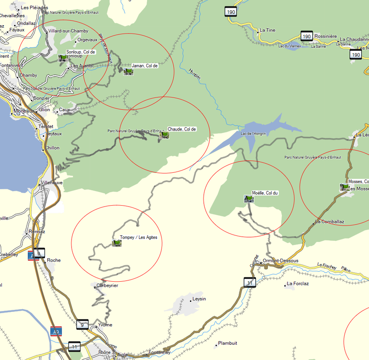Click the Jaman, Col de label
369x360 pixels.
pyautogui.click(x=144, y=66)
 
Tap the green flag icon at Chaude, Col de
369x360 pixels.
pyautogui.click(x=164, y=135)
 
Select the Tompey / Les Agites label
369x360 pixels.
pyautogui.click(x=138, y=238)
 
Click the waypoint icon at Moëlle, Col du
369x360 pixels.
pyautogui.click(x=248, y=198)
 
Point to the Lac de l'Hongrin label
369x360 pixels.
pyautogui.click(x=253, y=133)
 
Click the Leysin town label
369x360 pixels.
pyautogui.click(x=199, y=299)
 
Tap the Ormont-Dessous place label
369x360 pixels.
pyautogui.click(x=281, y=261)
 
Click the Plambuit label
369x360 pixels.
pyautogui.click(x=227, y=343)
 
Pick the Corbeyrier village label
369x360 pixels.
pyautogui.click(x=107, y=285)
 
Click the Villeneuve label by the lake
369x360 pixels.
pyautogui.click(x=52, y=183)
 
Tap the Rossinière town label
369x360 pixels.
pyautogui.click(x=326, y=36)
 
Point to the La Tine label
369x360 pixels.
pyautogui.click(x=267, y=30)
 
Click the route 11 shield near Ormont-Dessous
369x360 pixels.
pyautogui.click(x=250, y=283)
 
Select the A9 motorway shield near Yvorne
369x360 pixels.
pyautogui.click(x=56, y=331)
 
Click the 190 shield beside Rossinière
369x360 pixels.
pyautogui.click(x=306, y=36)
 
